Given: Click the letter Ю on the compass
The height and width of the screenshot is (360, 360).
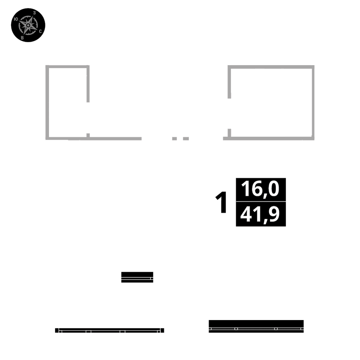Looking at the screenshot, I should coord(15,19).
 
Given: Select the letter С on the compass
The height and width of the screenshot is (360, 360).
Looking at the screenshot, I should coord(40,31).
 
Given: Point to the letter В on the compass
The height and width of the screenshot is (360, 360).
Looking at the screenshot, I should coord(22,37).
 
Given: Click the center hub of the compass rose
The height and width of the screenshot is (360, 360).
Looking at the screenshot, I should coord(28,25).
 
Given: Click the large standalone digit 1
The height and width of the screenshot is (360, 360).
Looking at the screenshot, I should coord(222,202).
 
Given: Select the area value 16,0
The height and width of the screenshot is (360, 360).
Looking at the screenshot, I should coord(261,189).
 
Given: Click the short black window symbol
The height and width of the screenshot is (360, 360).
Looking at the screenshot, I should coord(137,277).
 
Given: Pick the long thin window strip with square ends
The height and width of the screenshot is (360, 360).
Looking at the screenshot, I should coord(109,330).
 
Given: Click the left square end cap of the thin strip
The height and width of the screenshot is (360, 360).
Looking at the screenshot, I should coord(57,330).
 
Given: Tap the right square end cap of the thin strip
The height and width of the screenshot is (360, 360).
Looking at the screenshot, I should coord(162,330).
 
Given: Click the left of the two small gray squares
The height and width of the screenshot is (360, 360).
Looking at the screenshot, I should coord(175,138).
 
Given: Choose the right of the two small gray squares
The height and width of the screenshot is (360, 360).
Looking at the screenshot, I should coord(186,138).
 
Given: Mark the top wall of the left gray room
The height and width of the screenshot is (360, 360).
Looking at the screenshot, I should coord(67,67).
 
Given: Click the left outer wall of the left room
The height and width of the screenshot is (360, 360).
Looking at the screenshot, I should coord(47,102).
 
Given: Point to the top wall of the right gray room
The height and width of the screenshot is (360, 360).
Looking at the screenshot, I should coord(271,67).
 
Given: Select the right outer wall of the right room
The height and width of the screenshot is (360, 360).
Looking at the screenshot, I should coord(313,102).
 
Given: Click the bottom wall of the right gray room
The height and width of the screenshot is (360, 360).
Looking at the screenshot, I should coord(270,138).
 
